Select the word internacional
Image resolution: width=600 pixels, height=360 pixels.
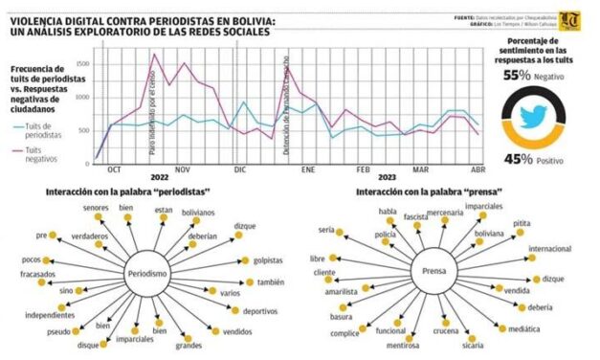click(x=549, y=249)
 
